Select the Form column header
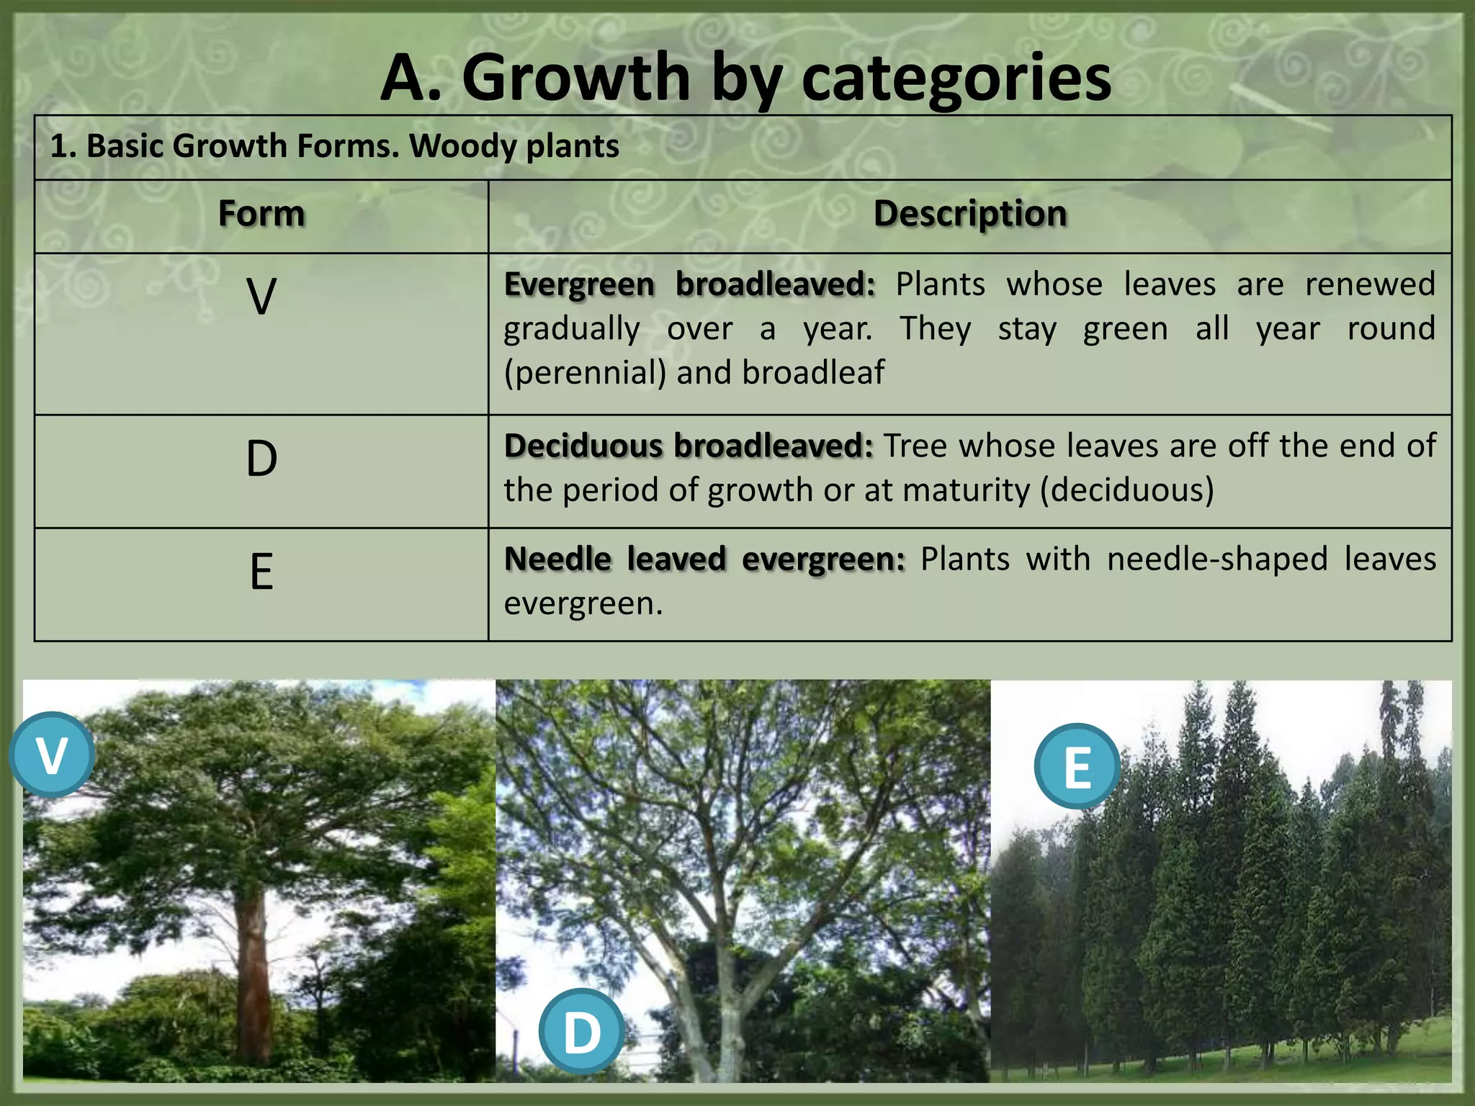coord(261,214)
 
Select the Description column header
coord(969,214)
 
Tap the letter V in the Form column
coord(261,297)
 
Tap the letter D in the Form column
coord(261,459)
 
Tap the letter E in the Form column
coord(261,572)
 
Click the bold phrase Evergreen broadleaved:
coord(689,284)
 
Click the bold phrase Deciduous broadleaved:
coord(688,446)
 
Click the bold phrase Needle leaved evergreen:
coord(704,559)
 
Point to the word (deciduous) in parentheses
coord(1126,490)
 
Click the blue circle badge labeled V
coord(52,755)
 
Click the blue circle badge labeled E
coord(1077,766)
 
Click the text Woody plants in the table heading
coord(514,146)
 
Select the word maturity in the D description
coord(966,490)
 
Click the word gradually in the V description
coord(571,329)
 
